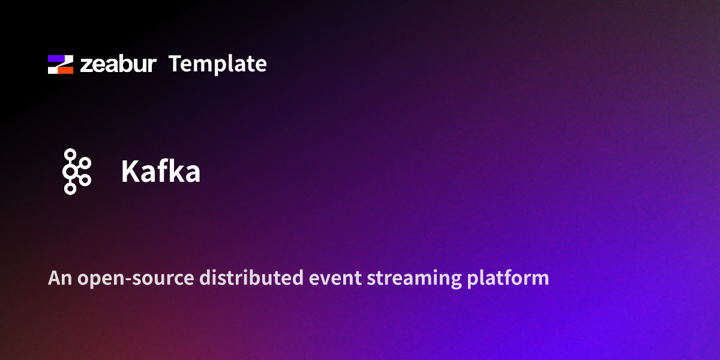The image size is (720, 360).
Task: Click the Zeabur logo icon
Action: [x=61, y=64]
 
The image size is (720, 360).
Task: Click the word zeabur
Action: [x=118, y=64]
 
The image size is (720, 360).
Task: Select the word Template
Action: [x=217, y=64]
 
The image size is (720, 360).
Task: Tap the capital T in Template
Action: [x=175, y=64]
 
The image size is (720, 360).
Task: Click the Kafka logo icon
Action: [x=76, y=172]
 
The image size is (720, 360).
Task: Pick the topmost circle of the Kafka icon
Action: [x=70, y=155]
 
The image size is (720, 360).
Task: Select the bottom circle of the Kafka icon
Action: [x=70, y=189]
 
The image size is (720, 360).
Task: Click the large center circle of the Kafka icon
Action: [x=71, y=172]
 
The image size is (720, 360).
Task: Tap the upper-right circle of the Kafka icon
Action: [x=85, y=164]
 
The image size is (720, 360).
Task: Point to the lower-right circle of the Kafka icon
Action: [x=85, y=180]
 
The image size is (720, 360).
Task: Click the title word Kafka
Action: [x=160, y=172]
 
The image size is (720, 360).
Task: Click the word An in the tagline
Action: [x=57, y=278]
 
